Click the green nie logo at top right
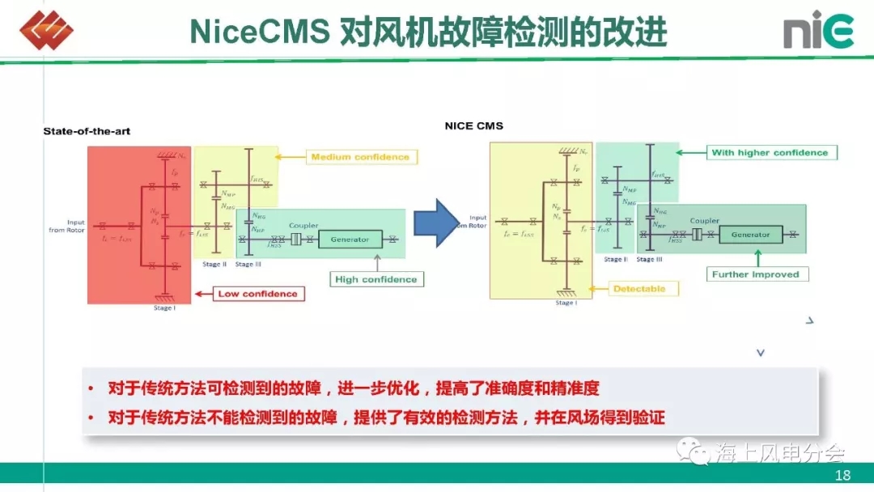coord(818,32)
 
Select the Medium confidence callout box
coord(360,156)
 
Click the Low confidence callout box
coord(258,294)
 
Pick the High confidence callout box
coord(376,279)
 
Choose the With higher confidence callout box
coord(770,152)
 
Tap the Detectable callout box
coord(639,288)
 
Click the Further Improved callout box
coord(755,274)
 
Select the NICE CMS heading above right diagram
coord(473,125)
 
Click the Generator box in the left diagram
coord(350,240)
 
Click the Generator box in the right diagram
coord(750,235)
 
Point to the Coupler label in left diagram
coord(303,226)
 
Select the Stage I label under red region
coord(163,307)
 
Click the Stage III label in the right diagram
coord(649,260)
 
